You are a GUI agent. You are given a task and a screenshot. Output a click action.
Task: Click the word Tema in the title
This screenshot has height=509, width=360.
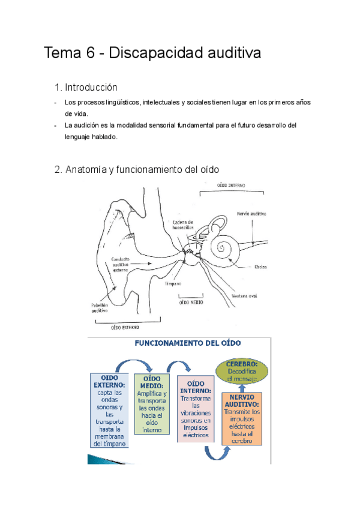[x=59, y=53]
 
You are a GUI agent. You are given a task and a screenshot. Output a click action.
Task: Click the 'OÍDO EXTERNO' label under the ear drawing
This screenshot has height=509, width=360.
[x=125, y=328]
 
